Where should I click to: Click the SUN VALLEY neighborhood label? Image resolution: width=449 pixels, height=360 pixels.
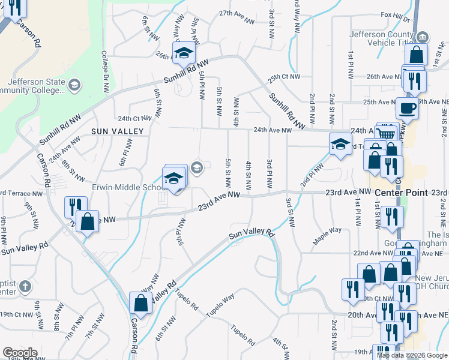(118, 131)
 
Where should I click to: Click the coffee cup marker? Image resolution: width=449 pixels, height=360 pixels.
(408, 109)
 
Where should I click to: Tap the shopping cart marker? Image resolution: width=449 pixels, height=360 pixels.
(388, 134)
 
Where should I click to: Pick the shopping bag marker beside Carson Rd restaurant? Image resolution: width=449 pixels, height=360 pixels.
(88, 221)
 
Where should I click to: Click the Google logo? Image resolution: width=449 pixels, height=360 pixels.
(20, 353)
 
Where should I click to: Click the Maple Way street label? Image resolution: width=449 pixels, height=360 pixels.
(327, 235)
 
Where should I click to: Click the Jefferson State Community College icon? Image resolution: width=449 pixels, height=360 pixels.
(74, 85)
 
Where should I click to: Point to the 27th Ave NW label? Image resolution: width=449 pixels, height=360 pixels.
(234, 13)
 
